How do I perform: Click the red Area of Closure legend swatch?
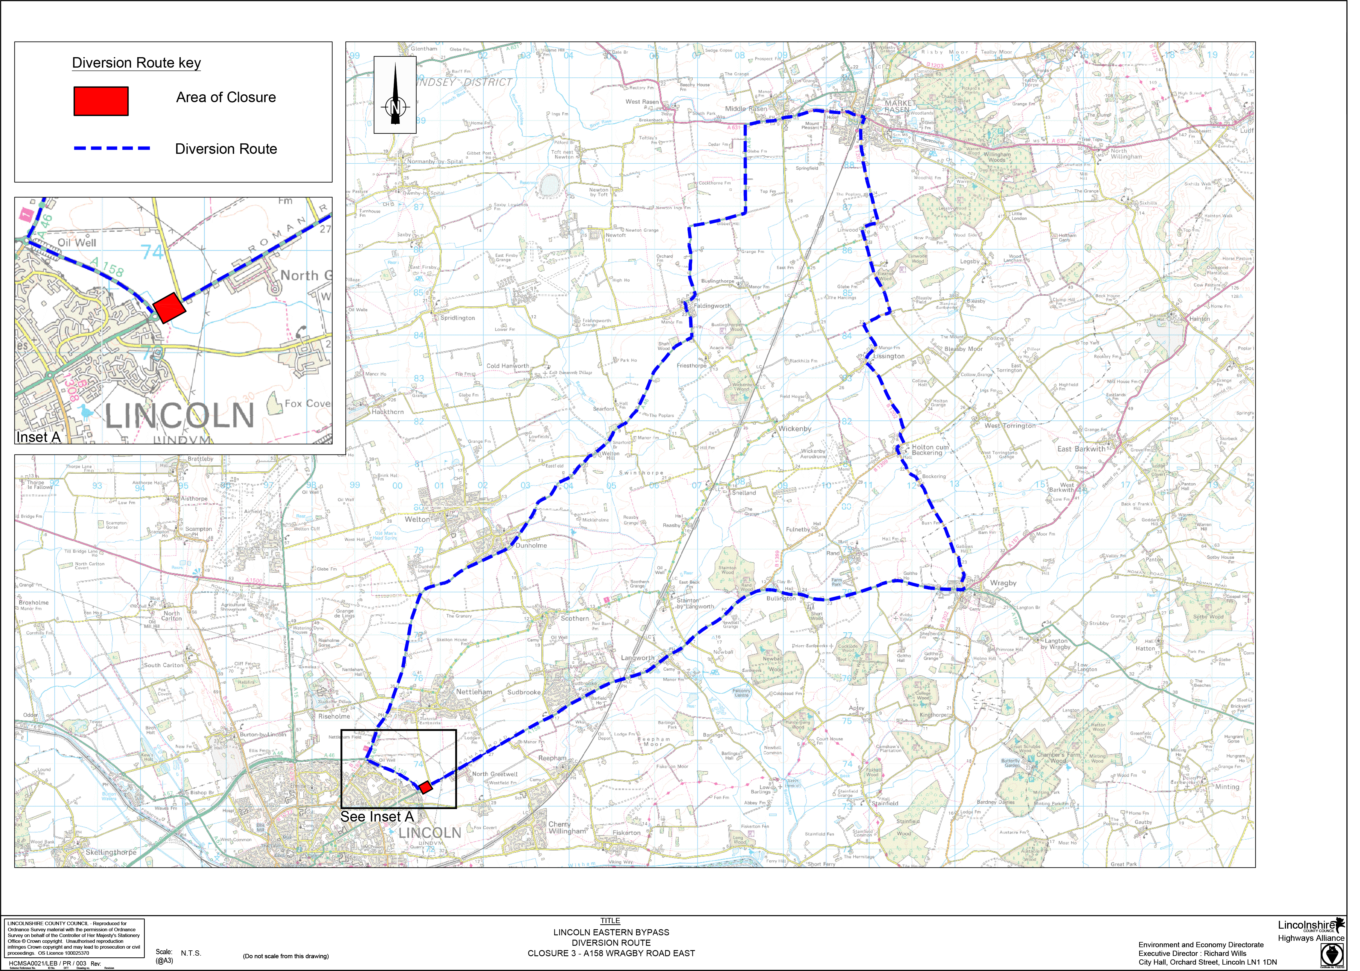pos(100,101)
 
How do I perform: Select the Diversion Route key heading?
pos(136,63)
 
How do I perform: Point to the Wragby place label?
pos(1003,583)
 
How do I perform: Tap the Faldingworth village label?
pos(712,306)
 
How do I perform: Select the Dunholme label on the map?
pos(531,545)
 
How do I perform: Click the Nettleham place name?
pos(474,692)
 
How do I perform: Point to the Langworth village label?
pos(637,658)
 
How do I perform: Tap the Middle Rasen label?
pos(746,109)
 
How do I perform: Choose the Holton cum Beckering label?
pos(930,450)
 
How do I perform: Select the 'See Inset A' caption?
pos(377,817)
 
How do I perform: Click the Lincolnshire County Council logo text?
pos(1307,925)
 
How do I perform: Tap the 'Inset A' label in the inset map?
pos(38,437)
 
